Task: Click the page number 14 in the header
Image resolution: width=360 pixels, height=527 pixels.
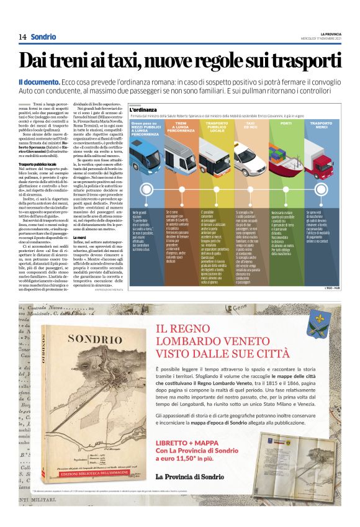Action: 22,37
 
